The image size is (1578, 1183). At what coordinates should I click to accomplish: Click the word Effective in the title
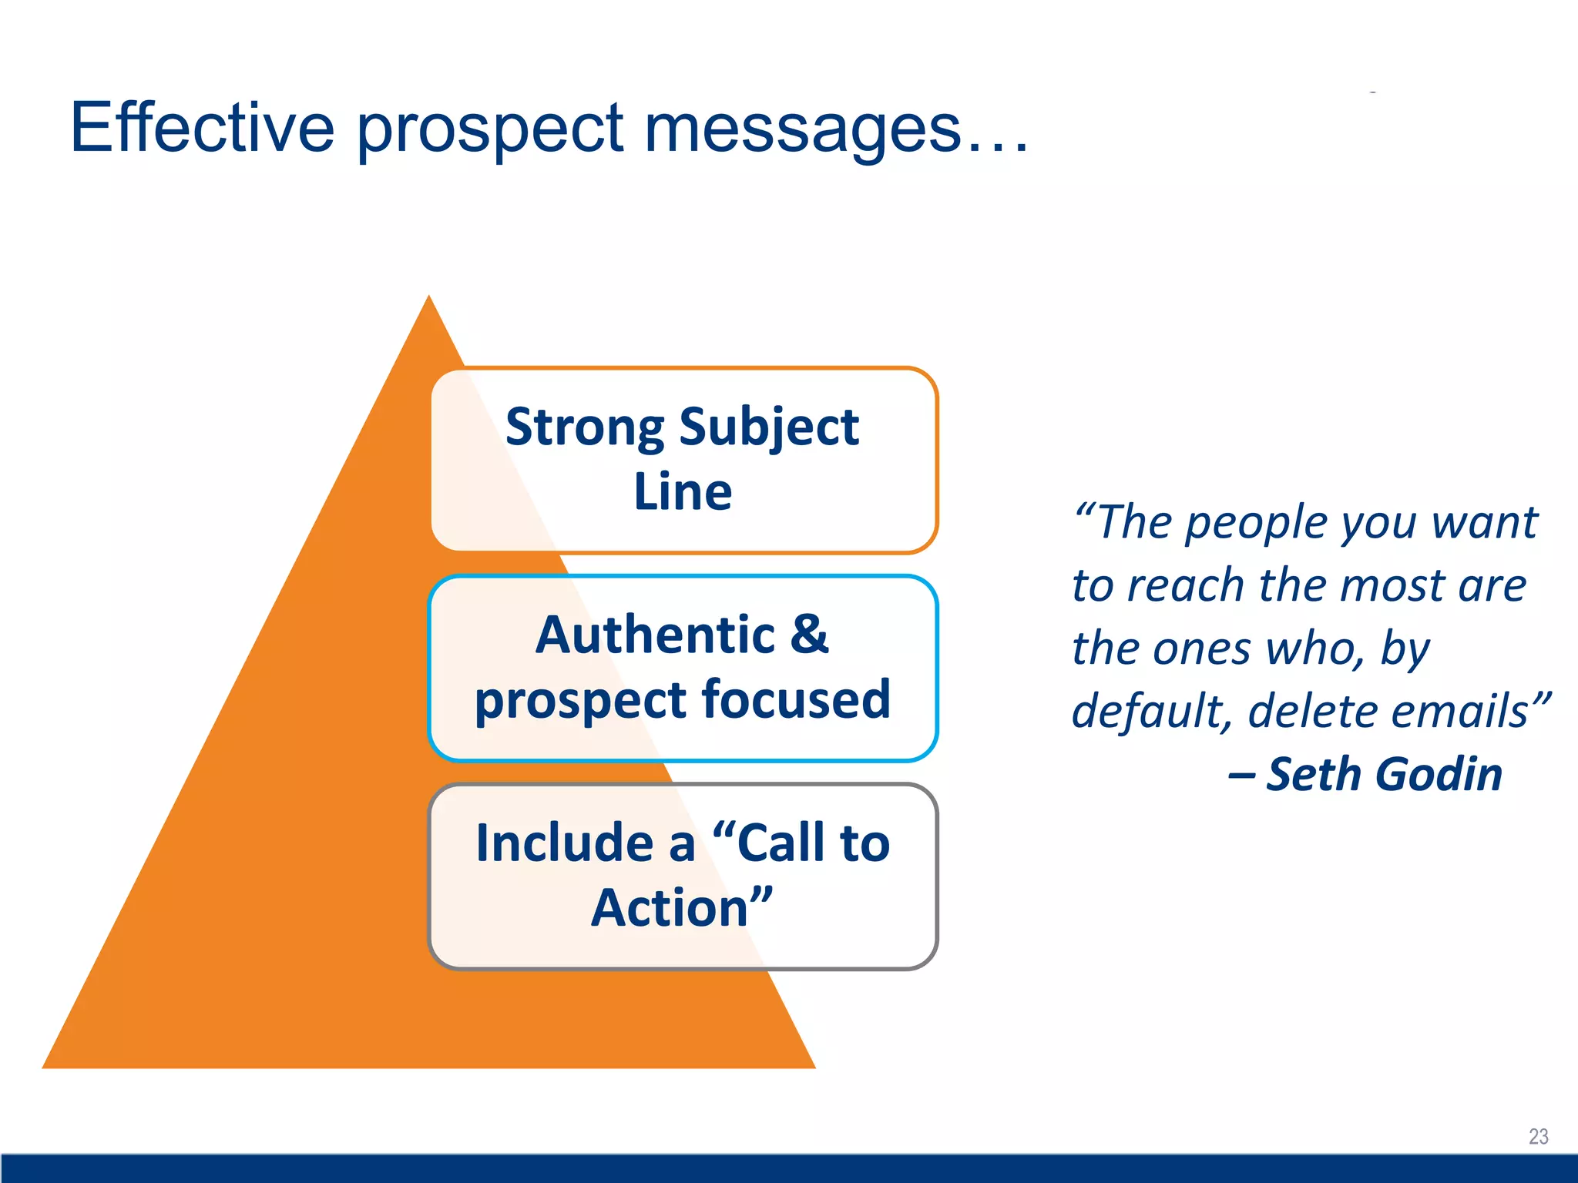coord(202,128)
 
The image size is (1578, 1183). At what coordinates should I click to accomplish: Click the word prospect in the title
coord(490,131)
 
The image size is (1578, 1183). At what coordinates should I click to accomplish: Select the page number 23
coord(1538,1137)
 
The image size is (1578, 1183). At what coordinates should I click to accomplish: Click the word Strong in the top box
coord(584,428)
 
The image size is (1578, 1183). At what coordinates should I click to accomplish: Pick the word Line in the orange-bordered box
coord(683,493)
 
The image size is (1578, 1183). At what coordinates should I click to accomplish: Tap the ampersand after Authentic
coord(809,635)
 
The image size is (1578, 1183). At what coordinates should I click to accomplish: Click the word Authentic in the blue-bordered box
coord(655,636)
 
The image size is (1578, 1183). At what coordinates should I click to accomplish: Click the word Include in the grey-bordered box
coord(564,843)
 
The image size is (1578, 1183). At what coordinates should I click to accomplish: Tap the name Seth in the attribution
coord(1313,775)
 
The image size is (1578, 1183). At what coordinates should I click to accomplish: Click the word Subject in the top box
coord(768,428)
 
